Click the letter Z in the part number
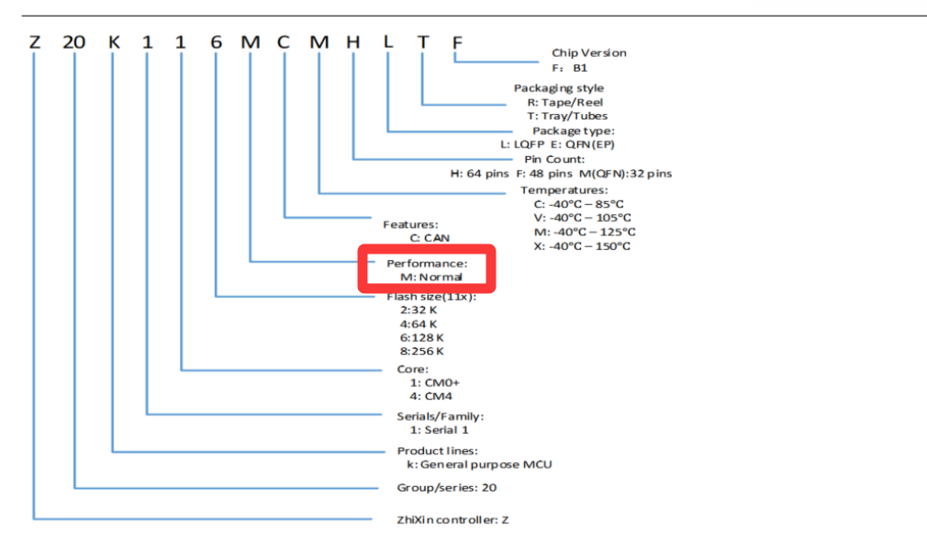click(35, 42)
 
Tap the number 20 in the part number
click(74, 42)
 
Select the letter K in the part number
click(114, 42)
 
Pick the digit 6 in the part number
click(217, 42)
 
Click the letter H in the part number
click(353, 42)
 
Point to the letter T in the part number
click(423, 42)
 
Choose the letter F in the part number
click(457, 42)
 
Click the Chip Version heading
click(589, 52)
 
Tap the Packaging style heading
click(559, 88)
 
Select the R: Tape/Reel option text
click(565, 102)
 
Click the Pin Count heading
click(554, 159)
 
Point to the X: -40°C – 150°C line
click(582, 246)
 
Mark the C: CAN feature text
click(430, 238)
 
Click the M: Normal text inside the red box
click(431, 277)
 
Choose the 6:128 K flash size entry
click(421, 338)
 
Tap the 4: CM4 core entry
click(431, 396)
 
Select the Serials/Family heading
click(441, 416)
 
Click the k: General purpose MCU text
click(479, 464)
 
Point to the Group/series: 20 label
click(447, 488)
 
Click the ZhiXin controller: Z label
click(452, 520)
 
